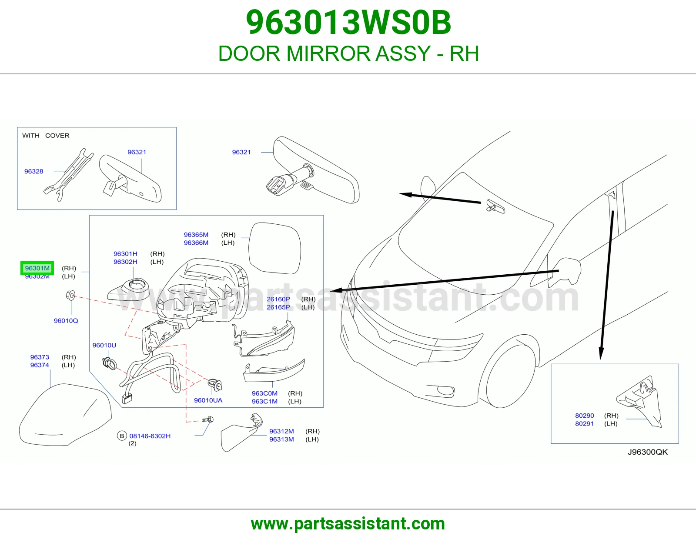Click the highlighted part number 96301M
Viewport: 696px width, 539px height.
pyautogui.click(x=37, y=268)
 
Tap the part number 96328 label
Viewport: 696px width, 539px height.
pyautogui.click(x=33, y=171)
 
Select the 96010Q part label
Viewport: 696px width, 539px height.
pyautogui.click(x=66, y=321)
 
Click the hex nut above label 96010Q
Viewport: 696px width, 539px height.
pyautogui.click(x=70, y=295)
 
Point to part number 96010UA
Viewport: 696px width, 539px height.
pyautogui.click(x=208, y=400)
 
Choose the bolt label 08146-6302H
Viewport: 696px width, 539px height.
pyautogui.click(x=150, y=436)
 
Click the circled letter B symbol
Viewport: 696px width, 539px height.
pyautogui.click(x=122, y=436)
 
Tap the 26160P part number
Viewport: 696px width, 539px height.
pyautogui.click(x=278, y=299)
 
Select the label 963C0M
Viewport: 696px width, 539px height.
pyautogui.click(x=264, y=393)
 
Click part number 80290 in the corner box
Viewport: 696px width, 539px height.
pyautogui.click(x=585, y=416)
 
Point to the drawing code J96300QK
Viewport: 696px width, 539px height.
pyautogui.click(x=648, y=452)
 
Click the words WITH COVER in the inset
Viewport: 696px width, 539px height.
pyautogui.click(x=46, y=135)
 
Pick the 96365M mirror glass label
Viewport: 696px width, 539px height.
pyautogui.click(x=196, y=235)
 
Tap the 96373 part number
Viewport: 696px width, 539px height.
pyautogui.click(x=40, y=357)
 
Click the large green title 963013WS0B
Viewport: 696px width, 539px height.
pyautogui.click(x=348, y=22)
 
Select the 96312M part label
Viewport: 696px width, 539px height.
pyautogui.click(x=281, y=431)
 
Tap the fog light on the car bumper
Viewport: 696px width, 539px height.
pyautogui.click(x=445, y=390)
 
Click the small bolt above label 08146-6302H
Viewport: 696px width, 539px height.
pyautogui.click(x=208, y=419)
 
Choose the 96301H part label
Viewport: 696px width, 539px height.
pyautogui.click(x=125, y=254)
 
